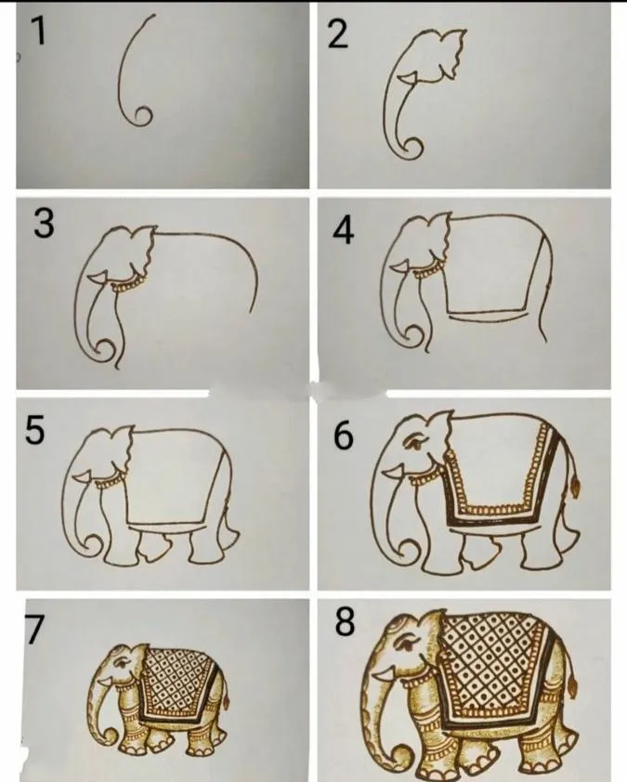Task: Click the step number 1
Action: click(x=38, y=31)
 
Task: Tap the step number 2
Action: click(x=338, y=36)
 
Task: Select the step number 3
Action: click(x=44, y=224)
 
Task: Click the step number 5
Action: click(x=34, y=430)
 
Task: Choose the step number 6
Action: click(x=343, y=436)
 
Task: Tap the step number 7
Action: click(x=34, y=630)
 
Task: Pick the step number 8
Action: click(x=345, y=622)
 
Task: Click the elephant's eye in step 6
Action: click(x=415, y=443)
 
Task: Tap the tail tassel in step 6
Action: click(x=576, y=489)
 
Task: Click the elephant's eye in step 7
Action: click(x=121, y=664)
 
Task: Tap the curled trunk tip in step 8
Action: click(x=402, y=757)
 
